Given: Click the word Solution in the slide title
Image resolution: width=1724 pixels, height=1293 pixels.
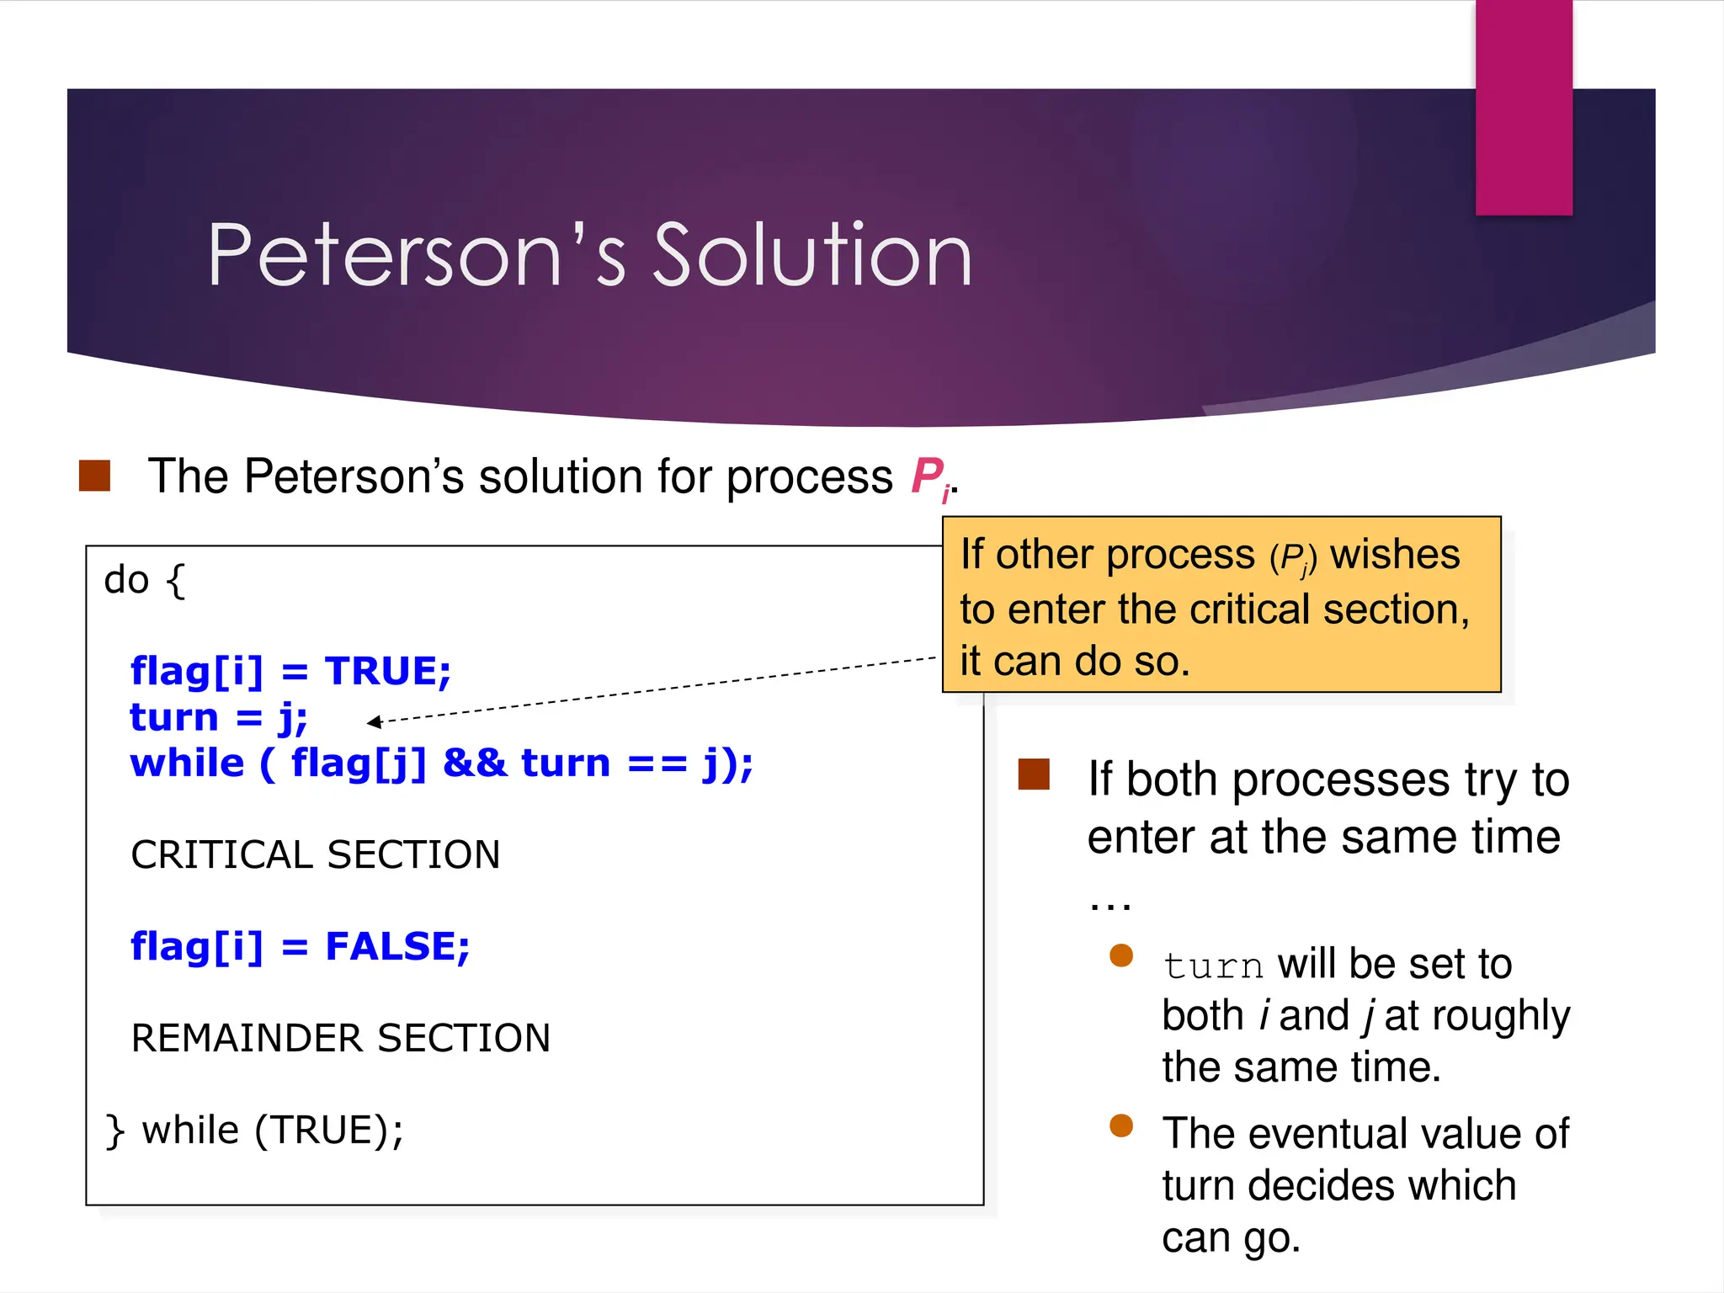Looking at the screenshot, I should point(812,255).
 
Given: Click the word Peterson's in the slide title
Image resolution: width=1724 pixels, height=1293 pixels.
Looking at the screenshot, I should point(417,255).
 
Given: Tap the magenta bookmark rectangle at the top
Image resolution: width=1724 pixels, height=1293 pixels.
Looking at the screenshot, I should point(1524,108).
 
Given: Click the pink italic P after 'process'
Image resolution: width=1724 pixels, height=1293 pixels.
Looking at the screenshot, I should point(928,476).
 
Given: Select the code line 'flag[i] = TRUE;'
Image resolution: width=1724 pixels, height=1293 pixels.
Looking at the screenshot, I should point(290,672).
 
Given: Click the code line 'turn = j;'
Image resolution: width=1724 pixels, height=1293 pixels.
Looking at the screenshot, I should point(219,718).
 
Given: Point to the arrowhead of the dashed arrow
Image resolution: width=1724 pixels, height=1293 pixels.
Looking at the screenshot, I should point(373,721).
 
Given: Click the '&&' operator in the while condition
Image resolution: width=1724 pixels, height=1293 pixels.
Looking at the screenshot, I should point(474,764).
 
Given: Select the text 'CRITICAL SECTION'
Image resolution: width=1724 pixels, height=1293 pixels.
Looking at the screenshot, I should point(316,855).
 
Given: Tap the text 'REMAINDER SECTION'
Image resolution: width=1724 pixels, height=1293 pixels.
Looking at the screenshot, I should point(341,1038).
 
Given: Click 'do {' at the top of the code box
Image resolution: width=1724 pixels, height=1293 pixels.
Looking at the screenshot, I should point(144,580).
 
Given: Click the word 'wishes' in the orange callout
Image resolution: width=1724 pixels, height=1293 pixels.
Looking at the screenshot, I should point(1395,555).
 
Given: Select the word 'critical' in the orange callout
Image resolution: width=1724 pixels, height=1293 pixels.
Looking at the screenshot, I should point(1249,609).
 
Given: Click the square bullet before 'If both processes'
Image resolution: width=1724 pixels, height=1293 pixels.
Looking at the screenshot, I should point(1034,774).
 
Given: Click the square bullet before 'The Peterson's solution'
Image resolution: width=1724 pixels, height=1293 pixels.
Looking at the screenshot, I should point(95,476).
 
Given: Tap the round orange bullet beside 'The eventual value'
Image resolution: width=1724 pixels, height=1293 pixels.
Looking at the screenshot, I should point(1121,1125).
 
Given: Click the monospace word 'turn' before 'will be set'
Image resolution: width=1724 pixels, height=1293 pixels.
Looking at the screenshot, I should point(1213,966).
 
